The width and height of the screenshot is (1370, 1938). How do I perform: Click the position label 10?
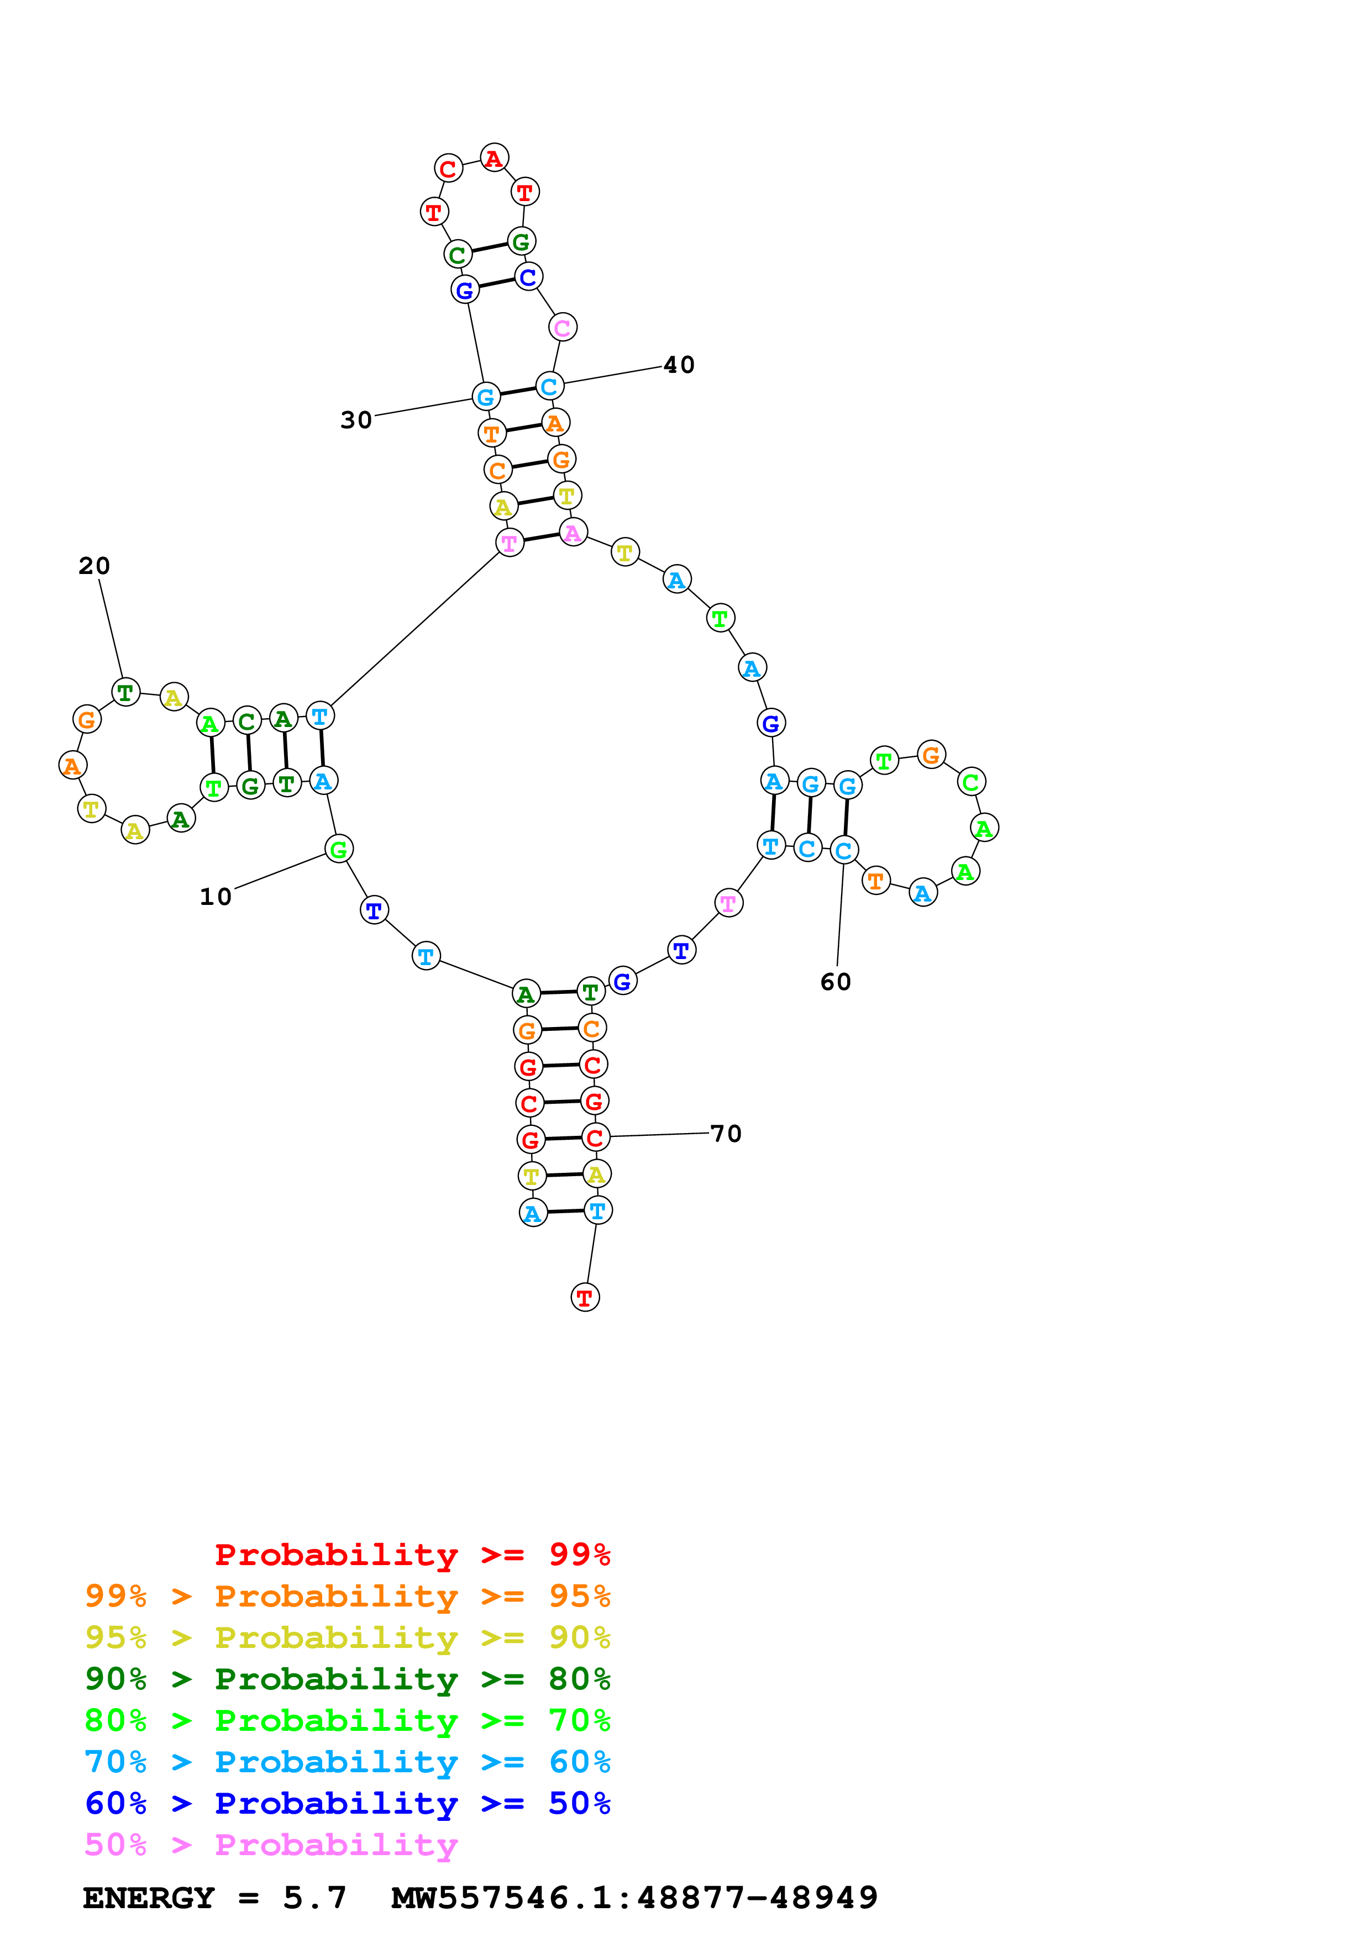215,897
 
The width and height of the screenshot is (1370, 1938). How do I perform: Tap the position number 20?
95,566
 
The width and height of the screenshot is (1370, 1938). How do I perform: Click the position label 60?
836,982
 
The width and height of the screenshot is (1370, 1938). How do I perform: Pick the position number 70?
726,1134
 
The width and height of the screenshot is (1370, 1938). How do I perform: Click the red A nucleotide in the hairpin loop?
494,158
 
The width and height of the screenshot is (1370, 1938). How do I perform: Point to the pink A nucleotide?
573,533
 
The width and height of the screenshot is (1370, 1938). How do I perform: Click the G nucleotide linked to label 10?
338,849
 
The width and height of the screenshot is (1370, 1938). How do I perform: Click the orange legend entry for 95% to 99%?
348,1595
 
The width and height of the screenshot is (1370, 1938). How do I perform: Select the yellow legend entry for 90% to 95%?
348,1637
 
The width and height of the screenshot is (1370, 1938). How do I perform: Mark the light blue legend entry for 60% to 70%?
348,1762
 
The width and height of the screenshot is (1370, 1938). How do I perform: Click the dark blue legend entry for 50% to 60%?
348,1803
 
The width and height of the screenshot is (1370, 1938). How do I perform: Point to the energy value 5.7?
315,1898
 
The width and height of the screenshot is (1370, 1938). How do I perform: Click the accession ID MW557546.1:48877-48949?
635,1898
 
